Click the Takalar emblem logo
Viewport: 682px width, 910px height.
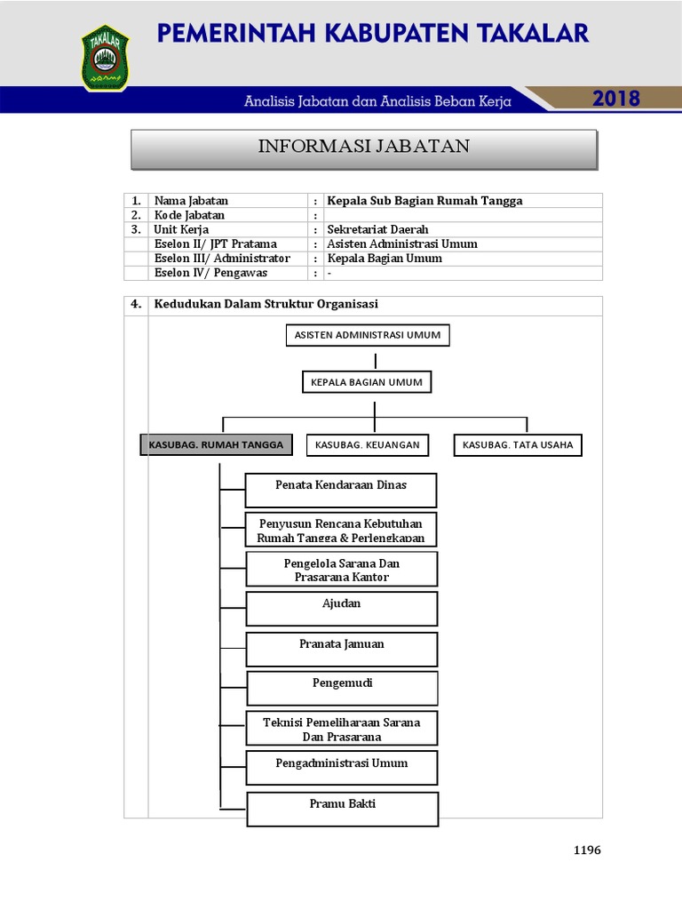(x=105, y=57)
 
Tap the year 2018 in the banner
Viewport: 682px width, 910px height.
(x=616, y=99)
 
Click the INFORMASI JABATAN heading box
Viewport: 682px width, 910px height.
(x=364, y=148)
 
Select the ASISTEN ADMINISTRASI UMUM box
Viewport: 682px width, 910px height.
(x=368, y=335)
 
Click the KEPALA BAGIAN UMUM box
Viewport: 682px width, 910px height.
(x=367, y=383)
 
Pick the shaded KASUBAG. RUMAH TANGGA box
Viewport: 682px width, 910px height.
(x=216, y=444)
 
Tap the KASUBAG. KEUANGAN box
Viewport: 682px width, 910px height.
(x=368, y=444)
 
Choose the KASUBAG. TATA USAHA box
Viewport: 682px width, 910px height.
(x=518, y=444)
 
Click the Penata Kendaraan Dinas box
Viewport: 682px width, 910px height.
(x=341, y=490)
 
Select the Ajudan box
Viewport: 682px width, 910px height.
(x=342, y=609)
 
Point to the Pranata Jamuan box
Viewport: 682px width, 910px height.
(x=342, y=649)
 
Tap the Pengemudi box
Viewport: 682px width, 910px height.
(x=342, y=688)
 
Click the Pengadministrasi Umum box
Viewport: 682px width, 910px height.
(x=342, y=768)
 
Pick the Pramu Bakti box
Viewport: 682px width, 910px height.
(x=342, y=809)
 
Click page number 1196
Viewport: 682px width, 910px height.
(x=587, y=850)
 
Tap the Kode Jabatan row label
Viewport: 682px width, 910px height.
(x=189, y=215)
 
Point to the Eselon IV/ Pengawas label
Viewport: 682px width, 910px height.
(x=210, y=273)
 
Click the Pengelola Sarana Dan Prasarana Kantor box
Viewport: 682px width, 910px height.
(x=342, y=570)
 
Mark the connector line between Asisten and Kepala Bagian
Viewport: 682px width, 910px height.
(x=376, y=360)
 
